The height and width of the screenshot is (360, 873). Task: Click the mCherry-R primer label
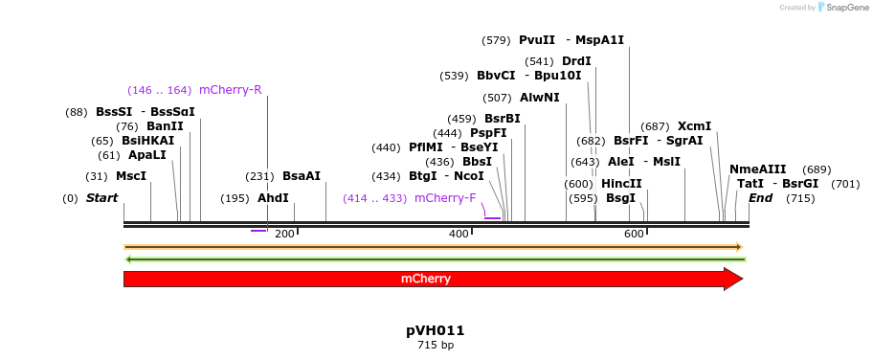230,90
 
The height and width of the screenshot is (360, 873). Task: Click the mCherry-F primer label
444,198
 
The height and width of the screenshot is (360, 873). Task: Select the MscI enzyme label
131,176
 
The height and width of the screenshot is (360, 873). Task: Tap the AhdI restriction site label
273,198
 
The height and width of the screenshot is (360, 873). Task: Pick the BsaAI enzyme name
302,176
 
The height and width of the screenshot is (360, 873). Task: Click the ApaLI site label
146,155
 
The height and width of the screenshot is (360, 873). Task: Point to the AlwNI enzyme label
539,98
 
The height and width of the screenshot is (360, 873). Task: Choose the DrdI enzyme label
576,61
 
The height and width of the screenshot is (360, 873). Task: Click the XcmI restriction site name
694,126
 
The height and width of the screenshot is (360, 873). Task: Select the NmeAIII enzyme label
757,169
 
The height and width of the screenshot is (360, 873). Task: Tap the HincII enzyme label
621,184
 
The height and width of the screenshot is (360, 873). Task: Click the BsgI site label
620,198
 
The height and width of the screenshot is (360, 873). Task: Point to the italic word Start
101,198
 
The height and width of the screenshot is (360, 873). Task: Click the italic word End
760,198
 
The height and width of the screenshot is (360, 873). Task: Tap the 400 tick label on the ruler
459,235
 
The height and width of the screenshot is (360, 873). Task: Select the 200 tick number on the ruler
284,235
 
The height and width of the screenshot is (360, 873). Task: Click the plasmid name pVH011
436,330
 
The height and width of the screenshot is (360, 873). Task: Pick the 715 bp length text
436,345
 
